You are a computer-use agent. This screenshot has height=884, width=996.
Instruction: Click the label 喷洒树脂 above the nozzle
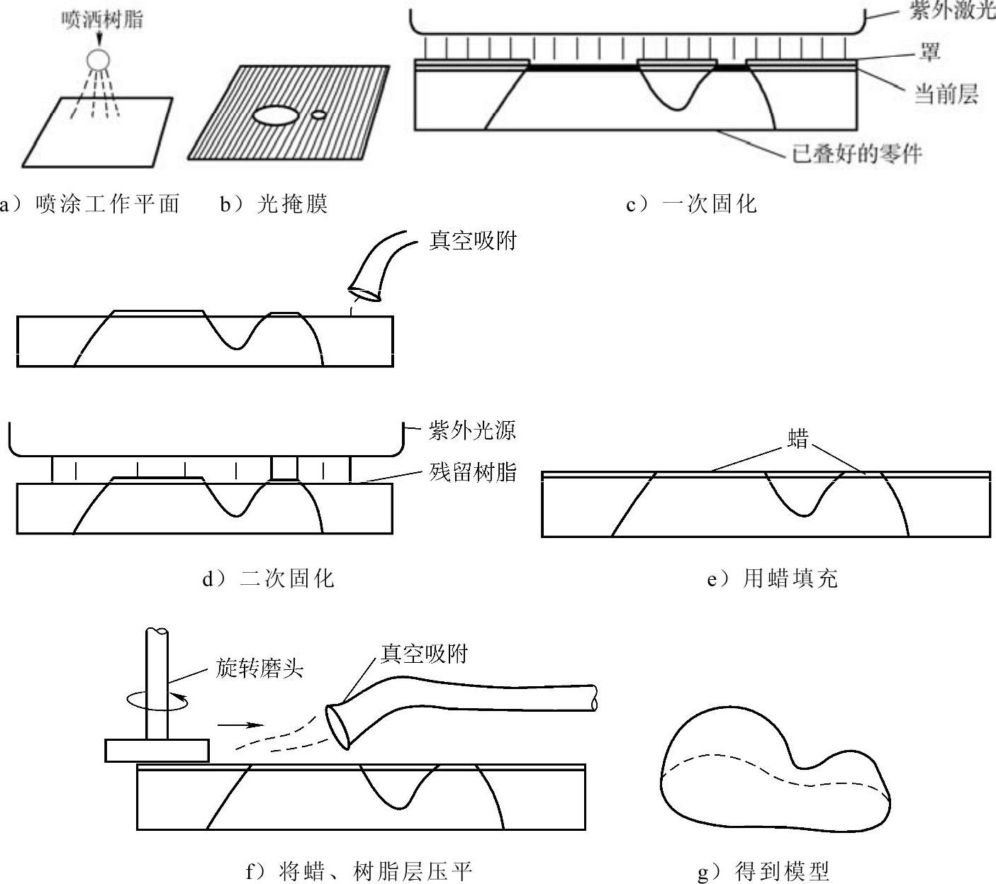click(x=102, y=19)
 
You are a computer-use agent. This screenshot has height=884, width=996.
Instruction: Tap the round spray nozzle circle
click(x=99, y=60)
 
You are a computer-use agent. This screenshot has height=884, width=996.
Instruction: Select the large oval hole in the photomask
click(x=275, y=116)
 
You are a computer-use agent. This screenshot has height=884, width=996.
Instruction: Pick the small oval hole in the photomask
click(x=319, y=115)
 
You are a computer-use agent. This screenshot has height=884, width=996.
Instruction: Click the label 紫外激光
click(x=952, y=9)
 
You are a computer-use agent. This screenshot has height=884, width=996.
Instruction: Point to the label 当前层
click(x=946, y=94)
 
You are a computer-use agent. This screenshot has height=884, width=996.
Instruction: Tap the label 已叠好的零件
click(x=857, y=154)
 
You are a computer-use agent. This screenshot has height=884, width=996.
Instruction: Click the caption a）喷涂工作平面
click(x=91, y=204)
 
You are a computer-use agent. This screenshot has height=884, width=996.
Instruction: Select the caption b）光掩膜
click(x=274, y=204)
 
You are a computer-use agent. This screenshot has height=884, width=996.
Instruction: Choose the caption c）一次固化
click(x=692, y=204)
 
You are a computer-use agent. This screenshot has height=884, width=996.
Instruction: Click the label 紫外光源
click(x=472, y=431)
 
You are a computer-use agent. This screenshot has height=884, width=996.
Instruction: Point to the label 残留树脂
click(x=473, y=472)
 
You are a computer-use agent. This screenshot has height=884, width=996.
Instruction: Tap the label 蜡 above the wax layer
click(x=798, y=439)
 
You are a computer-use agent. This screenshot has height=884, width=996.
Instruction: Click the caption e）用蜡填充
click(x=772, y=578)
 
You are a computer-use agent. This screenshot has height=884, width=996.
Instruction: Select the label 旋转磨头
click(x=259, y=668)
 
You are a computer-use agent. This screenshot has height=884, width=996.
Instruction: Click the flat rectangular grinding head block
click(x=157, y=750)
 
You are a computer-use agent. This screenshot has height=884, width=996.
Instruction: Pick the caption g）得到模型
click(x=763, y=871)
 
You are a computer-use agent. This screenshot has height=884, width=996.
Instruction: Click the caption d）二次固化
click(x=269, y=578)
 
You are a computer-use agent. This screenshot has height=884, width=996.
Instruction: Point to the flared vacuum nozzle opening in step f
click(x=338, y=727)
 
